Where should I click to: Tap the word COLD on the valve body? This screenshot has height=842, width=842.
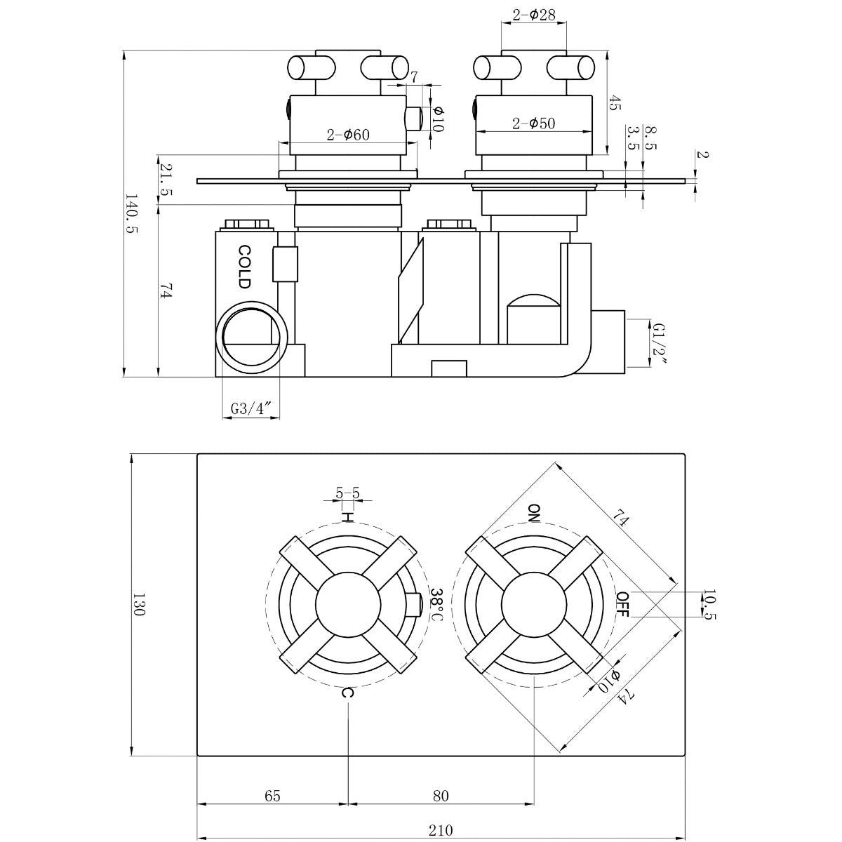(243, 267)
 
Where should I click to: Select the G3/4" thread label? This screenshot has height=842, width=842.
(251, 408)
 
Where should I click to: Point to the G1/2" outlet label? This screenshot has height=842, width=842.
(658, 344)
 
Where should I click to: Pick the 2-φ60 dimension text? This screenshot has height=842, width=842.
(348, 135)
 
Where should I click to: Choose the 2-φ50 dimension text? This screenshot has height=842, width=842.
(533, 123)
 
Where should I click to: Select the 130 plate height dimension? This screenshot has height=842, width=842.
(138, 604)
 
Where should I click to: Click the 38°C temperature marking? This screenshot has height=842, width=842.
(435, 604)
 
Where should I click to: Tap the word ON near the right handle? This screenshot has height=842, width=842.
(535, 513)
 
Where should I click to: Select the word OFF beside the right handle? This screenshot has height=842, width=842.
(622, 604)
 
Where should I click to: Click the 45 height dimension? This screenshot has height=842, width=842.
(615, 104)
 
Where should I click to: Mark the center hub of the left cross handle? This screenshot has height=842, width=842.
(348, 604)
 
